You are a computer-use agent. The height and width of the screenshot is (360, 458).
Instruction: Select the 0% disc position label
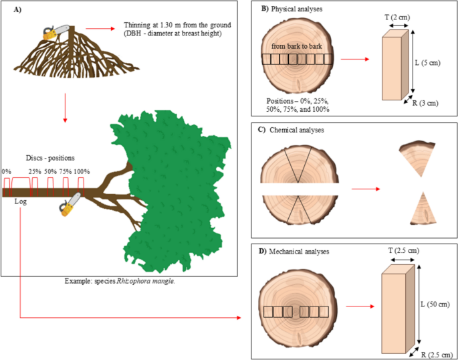pos(5,171)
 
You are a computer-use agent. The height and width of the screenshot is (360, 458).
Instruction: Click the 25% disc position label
pos(35,171)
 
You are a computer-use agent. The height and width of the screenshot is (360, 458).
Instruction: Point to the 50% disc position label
pos(50,171)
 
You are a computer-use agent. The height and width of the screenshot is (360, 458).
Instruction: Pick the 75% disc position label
pos(66,171)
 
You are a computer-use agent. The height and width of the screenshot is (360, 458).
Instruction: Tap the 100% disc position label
pos(82,171)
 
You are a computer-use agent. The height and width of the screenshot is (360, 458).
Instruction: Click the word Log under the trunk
pos(21,201)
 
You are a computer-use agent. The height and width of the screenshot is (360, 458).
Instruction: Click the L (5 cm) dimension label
pos(428,62)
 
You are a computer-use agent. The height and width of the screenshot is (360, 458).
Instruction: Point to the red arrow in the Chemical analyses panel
pos(366,189)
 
